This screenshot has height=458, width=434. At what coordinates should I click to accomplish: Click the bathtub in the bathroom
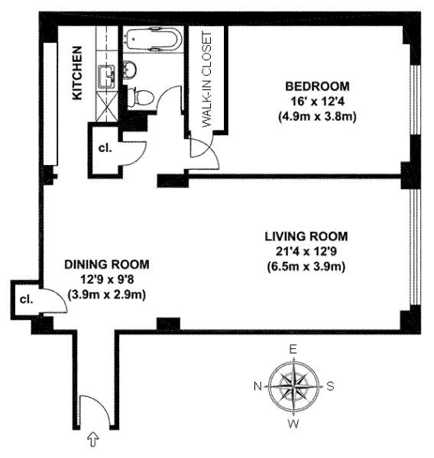154,39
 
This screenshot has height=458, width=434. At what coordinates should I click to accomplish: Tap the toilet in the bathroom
141,97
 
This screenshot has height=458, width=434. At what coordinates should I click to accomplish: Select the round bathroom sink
129,69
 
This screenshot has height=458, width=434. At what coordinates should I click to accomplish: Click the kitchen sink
107,76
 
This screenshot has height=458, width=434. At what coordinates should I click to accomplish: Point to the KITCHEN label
77,73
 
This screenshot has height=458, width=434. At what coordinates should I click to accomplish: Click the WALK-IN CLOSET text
206,79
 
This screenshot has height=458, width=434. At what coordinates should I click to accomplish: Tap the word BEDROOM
317,86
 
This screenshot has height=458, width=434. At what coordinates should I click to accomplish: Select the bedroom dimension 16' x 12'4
317,102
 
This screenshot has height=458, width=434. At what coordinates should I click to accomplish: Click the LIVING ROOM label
306,237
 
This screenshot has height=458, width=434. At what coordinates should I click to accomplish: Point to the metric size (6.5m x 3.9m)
306,266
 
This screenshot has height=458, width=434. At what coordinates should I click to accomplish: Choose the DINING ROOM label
107,264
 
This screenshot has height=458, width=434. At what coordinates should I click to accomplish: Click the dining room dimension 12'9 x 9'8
107,279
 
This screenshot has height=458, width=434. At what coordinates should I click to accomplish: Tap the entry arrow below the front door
93,440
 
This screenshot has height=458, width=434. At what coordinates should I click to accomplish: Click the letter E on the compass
293,349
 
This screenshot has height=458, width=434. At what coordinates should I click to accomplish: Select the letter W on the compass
293,424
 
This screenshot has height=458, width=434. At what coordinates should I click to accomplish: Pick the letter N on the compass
257,386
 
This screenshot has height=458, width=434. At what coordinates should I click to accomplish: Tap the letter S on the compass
330,386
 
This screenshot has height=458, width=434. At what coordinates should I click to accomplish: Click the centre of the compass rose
293,386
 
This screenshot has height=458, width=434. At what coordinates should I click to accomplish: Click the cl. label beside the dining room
26,299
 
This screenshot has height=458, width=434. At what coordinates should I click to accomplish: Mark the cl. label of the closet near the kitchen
105,148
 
